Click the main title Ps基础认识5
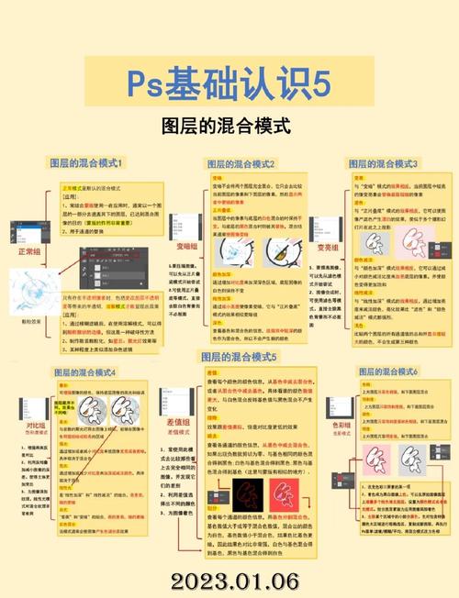[x=229, y=88]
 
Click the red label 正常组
[x=29, y=250]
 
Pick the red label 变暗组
[x=185, y=246]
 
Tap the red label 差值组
[x=179, y=422]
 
